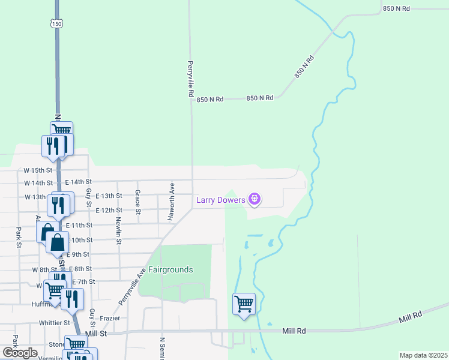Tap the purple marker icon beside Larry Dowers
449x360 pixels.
click(255, 199)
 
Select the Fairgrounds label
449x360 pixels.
click(171, 270)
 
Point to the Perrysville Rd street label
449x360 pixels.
click(190, 79)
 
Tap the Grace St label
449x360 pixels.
click(137, 202)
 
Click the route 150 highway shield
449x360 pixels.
click(56, 23)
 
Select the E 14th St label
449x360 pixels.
click(78, 182)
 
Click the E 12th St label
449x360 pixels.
click(109, 211)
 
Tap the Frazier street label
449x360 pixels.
click(110, 318)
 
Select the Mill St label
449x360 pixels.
click(96, 333)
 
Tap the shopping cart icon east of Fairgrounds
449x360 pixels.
click(244, 304)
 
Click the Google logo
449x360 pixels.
click(20, 353)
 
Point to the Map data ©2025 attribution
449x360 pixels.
click(424, 355)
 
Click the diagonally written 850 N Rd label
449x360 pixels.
click(304, 68)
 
